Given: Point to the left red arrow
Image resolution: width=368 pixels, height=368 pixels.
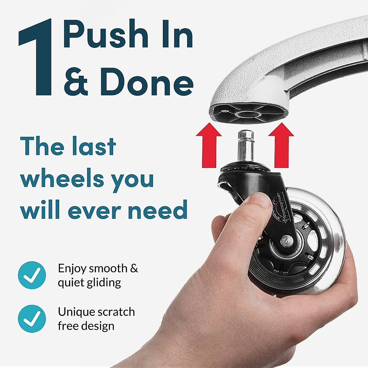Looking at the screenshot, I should coord(209,144).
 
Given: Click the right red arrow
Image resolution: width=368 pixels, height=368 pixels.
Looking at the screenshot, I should coord(281,144).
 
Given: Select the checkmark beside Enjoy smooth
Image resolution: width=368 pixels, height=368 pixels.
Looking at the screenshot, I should coord(32,275).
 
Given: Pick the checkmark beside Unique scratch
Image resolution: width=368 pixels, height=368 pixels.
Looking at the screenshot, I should coord(32,319).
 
